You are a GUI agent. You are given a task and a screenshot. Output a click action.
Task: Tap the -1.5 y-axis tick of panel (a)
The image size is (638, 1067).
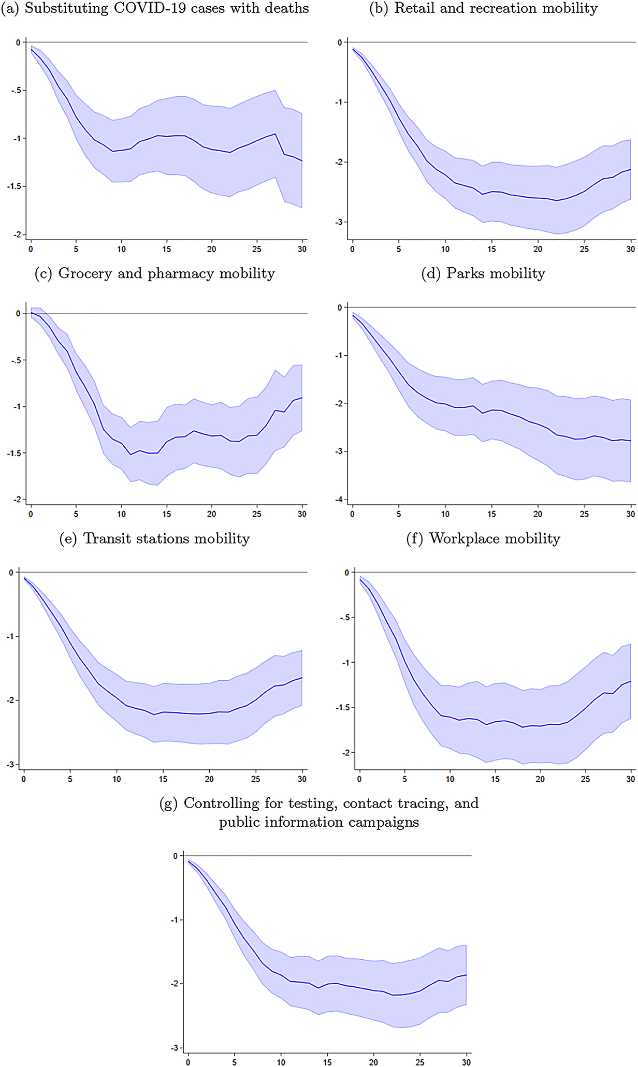[x=13, y=186]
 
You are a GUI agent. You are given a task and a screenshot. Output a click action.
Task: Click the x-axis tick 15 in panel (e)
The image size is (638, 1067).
[x=163, y=779]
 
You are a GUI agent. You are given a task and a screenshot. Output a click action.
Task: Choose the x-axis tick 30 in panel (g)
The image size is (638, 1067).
[x=466, y=1062]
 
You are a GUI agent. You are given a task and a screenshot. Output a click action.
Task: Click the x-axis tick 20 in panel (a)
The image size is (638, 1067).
[x=212, y=250]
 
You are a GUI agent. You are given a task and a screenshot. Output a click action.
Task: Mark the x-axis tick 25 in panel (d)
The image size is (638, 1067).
[x=584, y=515]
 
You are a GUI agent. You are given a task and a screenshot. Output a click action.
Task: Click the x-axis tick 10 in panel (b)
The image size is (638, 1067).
[x=445, y=250]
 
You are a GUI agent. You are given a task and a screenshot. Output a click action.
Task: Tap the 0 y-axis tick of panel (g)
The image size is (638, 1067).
[x=175, y=856]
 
